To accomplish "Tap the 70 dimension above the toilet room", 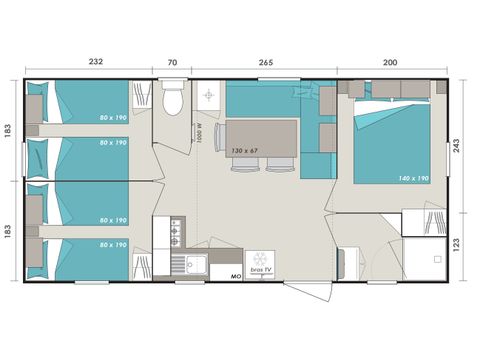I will [x=172, y=63].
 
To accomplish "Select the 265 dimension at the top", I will [x=265, y=63].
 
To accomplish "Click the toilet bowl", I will [x=172, y=101].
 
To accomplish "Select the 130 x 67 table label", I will [x=245, y=150].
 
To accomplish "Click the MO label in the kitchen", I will [x=236, y=274].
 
